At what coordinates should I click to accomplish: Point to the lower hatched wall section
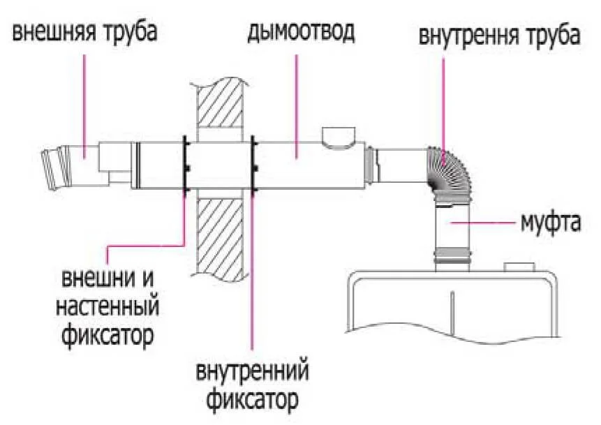220,237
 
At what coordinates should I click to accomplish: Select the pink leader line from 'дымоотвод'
297,98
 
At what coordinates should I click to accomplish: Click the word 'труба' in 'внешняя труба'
131,31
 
